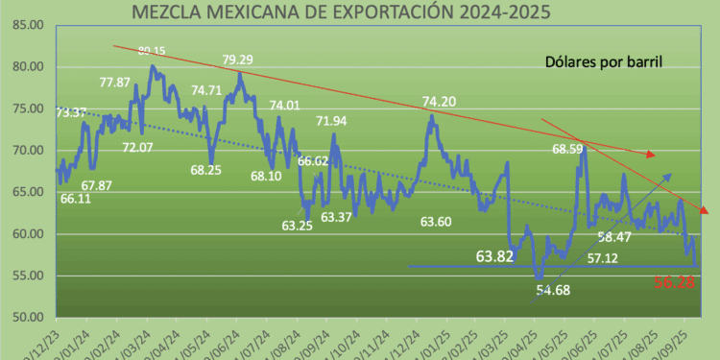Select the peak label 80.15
pyautogui.click(x=152, y=50)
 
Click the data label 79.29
pyautogui.click(x=238, y=60)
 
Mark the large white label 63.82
pyautogui.click(x=502, y=257)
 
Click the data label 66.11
pyautogui.click(x=76, y=199)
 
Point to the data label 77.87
pyautogui.click(x=115, y=83)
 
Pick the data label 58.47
pyautogui.click(x=614, y=237)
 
